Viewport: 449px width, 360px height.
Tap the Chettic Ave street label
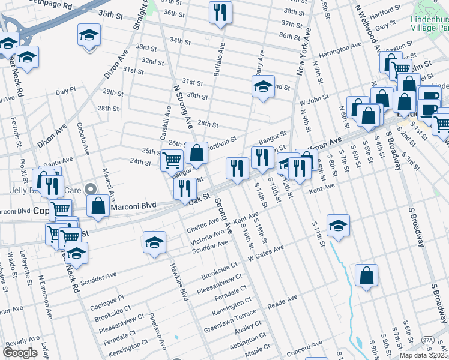click(203, 224)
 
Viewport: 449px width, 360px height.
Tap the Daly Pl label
click(65, 90)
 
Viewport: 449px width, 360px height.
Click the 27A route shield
click(428, 340)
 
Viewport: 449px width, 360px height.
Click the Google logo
click(20, 352)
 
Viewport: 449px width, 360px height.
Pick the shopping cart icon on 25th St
click(172, 160)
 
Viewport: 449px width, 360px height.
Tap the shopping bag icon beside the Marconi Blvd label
click(98, 205)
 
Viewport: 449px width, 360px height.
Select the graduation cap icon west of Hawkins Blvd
click(154, 242)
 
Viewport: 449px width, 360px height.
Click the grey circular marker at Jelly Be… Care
click(90, 189)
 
